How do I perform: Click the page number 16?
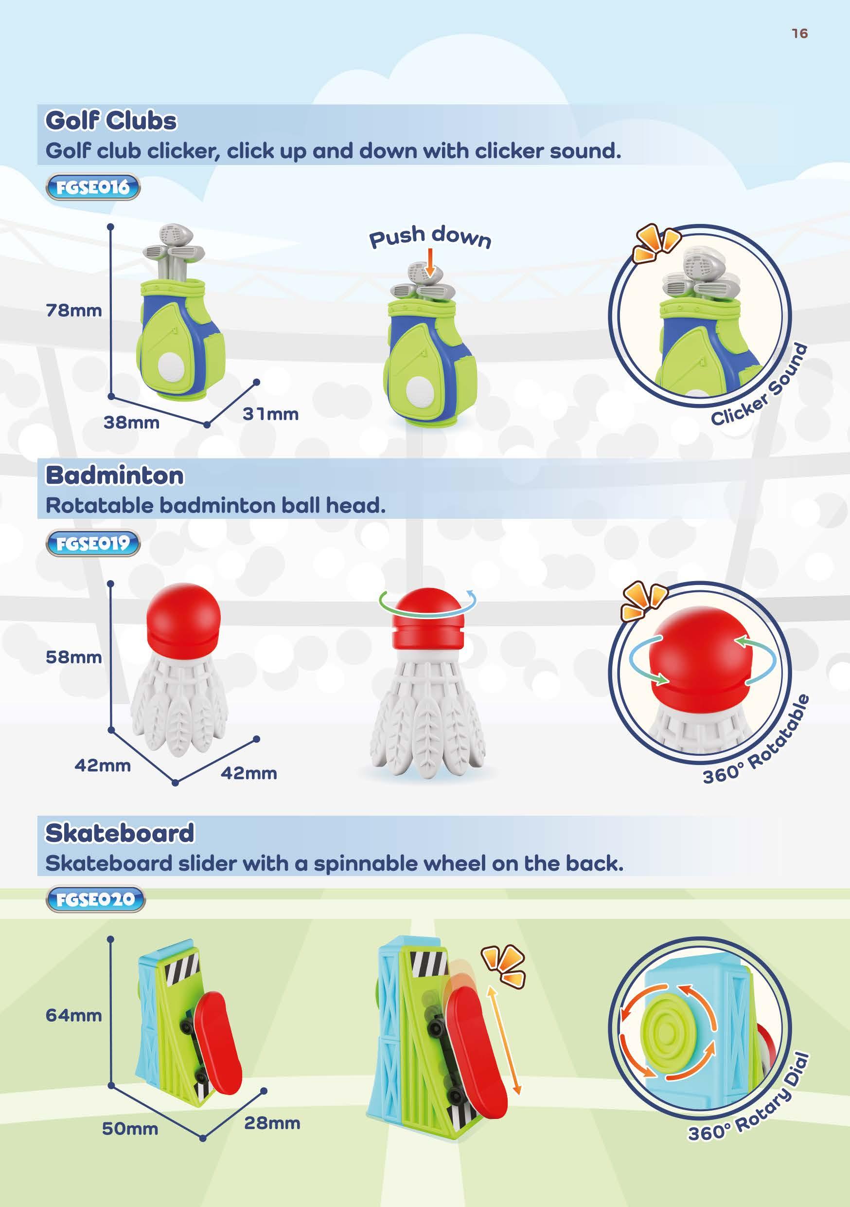[799, 34]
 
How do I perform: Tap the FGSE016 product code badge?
[93, 187]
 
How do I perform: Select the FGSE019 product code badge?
[93, 543]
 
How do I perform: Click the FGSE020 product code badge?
[95, 899]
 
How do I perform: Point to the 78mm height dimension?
[73, 311]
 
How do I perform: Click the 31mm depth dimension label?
[270, 414]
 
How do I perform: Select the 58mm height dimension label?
[73, 657]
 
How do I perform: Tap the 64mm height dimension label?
[73, 1015]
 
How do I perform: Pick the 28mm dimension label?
[272, 1123]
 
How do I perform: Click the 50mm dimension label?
[130, 1129]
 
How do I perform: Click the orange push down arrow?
[430, 262]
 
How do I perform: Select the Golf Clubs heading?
[111, 120]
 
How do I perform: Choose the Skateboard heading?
[120, 833]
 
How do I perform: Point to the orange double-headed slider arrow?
[504, 1041]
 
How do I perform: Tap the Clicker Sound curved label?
[760, 386]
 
